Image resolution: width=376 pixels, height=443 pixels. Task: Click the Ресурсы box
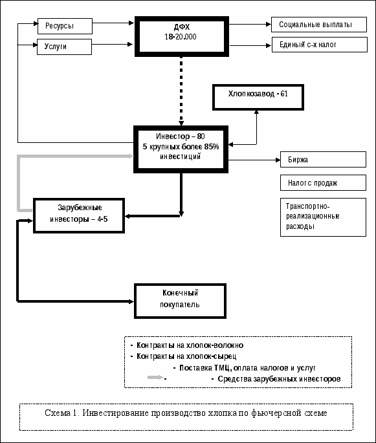[x=65, y=26]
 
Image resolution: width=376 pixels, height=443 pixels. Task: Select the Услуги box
[x=65, y=47]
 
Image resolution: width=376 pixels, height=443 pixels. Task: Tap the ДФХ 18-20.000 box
[x=181, y=36]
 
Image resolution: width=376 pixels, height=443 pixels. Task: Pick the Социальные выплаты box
[x=319, y=25]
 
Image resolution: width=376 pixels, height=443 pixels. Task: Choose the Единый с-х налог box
[x=320, y=45]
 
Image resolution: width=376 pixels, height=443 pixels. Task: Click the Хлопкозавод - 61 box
[x=258, y=97]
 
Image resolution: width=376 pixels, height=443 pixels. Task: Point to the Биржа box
[x=323, y=160]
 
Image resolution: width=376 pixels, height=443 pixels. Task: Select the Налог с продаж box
[x=323, y=183]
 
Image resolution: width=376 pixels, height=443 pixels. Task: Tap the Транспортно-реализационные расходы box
[x=323, y=217]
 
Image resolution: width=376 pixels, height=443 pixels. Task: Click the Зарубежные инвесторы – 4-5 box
[x=79, y=215]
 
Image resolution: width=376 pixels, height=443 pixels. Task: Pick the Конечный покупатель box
[x=180, y=301]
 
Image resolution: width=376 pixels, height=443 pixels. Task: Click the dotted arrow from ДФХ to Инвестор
[x=181, y=91]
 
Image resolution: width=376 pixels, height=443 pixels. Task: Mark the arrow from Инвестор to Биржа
[x=254, y=160]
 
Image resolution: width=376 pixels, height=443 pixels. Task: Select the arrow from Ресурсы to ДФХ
[x=113, y=23]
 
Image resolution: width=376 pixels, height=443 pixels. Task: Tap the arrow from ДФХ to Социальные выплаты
[x=250, y=25]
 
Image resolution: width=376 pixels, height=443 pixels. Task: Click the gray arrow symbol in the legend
[x=155, y=377]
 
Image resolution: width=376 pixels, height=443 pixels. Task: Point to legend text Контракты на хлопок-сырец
[x=186, y=356]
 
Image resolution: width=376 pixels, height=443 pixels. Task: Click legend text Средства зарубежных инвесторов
[x=279, y=379]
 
